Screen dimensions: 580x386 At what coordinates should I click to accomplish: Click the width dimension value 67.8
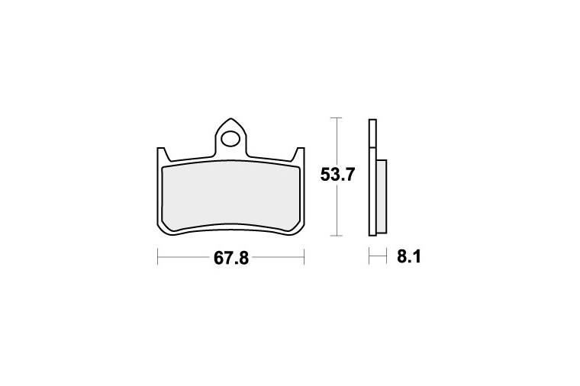[231, 258]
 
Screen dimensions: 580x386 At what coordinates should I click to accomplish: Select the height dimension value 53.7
[338, 175]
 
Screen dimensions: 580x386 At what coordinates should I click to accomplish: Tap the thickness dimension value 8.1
[409, 256]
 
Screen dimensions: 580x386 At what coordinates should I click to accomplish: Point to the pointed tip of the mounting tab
[230, 119]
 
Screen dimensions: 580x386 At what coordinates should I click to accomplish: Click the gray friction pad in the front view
[230, 198]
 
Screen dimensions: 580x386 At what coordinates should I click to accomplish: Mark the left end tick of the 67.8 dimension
[158, 256]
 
